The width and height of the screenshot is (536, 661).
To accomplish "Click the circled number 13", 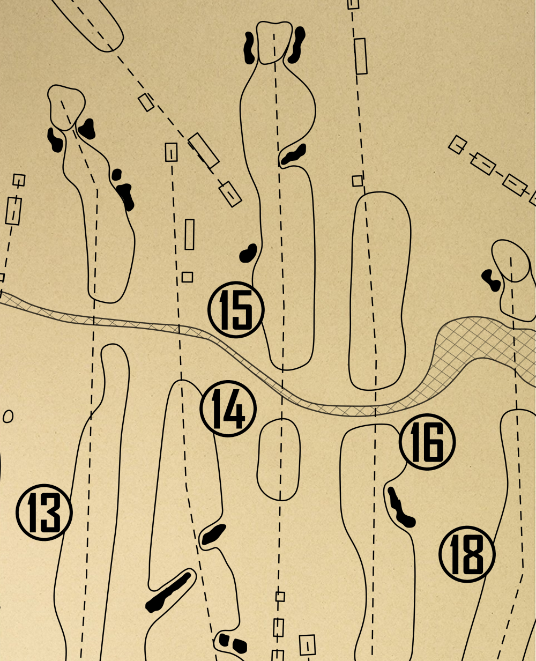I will (x=44, y=512).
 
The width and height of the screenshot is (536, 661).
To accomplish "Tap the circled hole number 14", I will (x=228, y=409).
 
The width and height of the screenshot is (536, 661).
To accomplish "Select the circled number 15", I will (x=236, y=309).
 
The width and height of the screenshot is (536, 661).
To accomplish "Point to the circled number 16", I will (x=427, y=442).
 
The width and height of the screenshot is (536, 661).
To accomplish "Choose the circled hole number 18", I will (x=467, y=554).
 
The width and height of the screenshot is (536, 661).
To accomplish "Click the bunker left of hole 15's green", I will (x=249, y=48).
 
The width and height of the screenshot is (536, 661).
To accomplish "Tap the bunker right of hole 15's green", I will (x=296, y=45).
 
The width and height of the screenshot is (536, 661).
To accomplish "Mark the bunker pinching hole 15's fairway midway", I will (x=294, y=154).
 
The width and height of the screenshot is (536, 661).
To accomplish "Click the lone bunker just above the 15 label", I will (x=248, y=253).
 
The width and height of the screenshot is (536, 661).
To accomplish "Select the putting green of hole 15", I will (x=274, y=42).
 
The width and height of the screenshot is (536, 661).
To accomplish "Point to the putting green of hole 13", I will (x=66, y=106).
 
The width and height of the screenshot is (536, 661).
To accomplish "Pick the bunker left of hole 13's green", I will (x=55, y=139).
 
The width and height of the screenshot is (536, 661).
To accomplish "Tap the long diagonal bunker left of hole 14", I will (x=169, y=592).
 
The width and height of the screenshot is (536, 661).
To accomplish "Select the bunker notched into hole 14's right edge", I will (x=213, y=534).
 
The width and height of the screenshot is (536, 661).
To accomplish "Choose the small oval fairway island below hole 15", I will (x=279, y=459).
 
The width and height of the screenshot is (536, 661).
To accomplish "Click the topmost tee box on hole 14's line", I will (x=171, y=152).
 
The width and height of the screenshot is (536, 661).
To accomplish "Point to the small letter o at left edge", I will (x=8, y=417).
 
